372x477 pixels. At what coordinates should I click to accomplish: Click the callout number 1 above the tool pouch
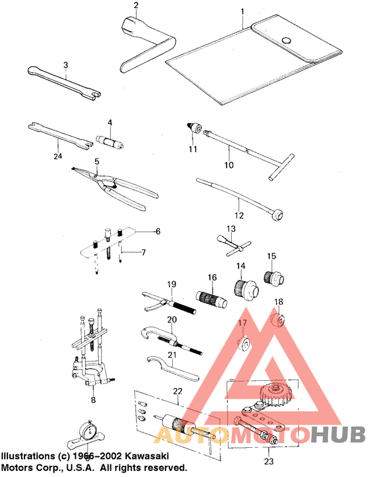(242, 11)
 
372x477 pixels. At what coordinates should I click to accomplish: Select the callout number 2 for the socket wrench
(135, 7)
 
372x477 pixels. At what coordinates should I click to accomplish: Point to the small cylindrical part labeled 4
(112, 141)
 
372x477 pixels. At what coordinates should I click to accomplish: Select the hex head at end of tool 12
(278, 214)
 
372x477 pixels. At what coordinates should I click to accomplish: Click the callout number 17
(242, 324)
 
